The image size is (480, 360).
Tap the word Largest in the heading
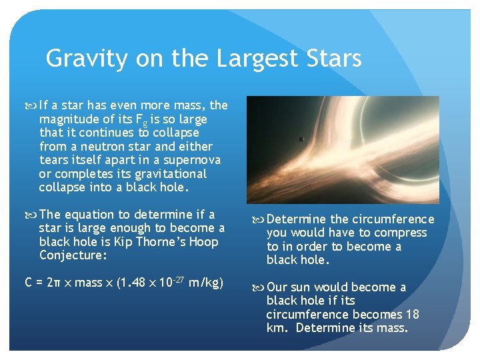(256, 59)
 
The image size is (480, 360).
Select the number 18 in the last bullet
(413, 314)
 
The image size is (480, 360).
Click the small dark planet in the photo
(301, 139)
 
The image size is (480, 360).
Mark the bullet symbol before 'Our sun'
(257, 287)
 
